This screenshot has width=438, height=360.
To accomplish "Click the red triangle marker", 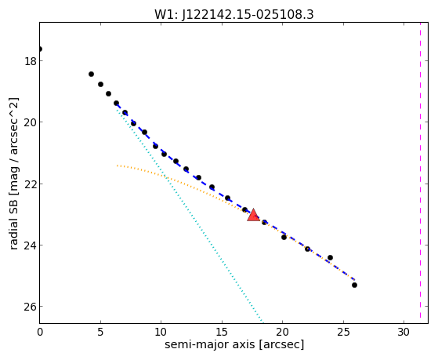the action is tap(253, 215).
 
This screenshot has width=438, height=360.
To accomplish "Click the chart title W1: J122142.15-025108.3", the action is tap(234, 15).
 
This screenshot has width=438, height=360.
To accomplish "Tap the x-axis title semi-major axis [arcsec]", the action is tap(234, 344).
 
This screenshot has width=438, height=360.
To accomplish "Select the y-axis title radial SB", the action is tap(13, 220).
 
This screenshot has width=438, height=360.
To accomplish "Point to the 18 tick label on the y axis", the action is tap(31, 60).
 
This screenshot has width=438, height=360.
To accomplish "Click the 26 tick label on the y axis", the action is tap(31, 307).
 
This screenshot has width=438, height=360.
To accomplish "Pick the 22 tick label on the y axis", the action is tap(31, 184).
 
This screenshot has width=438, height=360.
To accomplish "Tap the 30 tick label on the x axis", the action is tap(404, 332).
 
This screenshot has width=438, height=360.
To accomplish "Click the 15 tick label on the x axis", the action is tap(222, 332).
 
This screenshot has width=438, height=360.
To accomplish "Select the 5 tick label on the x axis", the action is tap(100, 332).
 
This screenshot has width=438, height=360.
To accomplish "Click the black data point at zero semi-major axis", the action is tap(40, 49).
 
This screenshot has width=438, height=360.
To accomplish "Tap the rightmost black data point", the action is tap(354, 285).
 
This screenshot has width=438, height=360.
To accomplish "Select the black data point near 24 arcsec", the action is tap(330, 257).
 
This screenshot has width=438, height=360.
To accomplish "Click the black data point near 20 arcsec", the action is tap(284, 237).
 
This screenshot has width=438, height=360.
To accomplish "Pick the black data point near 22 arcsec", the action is tap(308, 249).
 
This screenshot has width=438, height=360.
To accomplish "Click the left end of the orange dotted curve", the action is tap(118, 165).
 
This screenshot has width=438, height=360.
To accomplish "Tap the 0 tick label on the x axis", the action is tap(40, 332).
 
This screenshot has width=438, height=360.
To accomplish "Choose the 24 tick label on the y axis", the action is tap(31, 245).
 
